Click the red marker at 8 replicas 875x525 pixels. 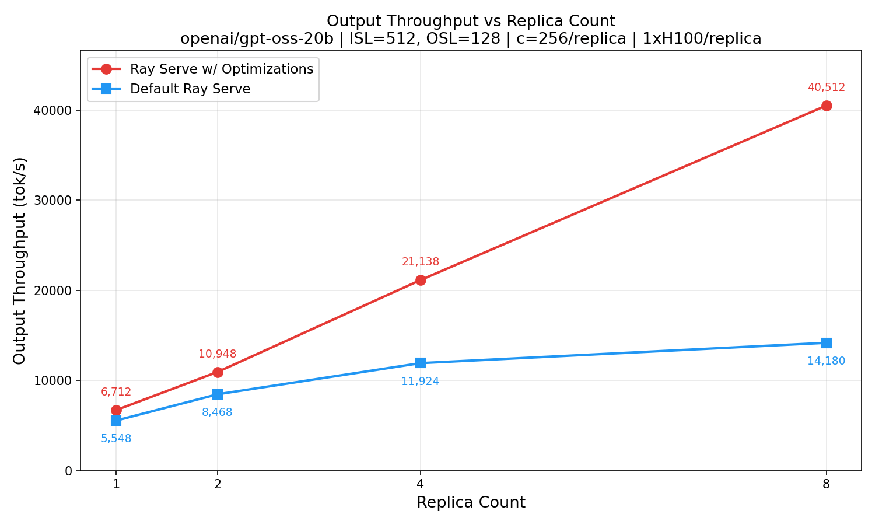tap(826, 106)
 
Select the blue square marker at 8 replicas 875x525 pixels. tap(826, 343)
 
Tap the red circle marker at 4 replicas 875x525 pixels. tap(421, 280)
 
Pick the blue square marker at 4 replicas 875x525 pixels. tap(421, 363)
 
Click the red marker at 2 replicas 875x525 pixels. tap(218, 372)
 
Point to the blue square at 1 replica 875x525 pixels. tap(116, 421)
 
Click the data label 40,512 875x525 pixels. tap(826, 88)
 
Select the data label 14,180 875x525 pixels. tap(826, 361)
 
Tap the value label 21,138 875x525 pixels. tap(421, 262)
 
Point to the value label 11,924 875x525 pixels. tap(421, 382)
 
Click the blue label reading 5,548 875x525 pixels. tap(116, 439)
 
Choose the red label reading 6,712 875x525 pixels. tap(116, 393)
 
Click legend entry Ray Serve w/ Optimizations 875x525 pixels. tap(222, 69)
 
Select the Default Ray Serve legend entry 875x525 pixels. tap(190, 89)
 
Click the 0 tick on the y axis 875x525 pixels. tap(68, 471)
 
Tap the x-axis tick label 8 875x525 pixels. tap(826, 484)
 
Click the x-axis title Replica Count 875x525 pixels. tap(471, 503)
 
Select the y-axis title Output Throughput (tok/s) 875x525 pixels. tap(19, 261)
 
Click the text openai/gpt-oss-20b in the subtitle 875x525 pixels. tap(257, 39)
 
